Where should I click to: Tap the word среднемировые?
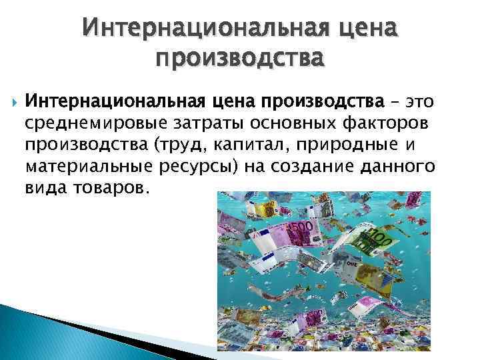[88, 123]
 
